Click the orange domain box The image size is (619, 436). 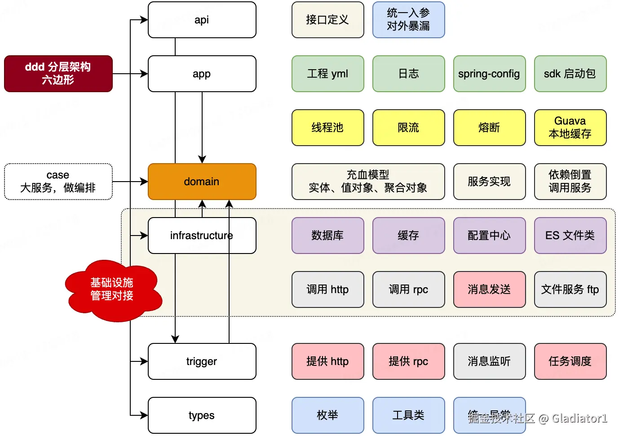point(202,182)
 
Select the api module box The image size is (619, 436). point(202,20)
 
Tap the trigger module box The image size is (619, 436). point(202,361)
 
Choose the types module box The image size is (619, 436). point(202,415)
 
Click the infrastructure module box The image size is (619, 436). point(202,236)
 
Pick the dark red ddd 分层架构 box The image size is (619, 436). point(58,74)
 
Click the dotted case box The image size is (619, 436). point(58,182)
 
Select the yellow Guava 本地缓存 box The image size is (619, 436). point(570,128)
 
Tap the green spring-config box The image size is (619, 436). point(489,74)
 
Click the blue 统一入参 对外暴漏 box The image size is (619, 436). point(408,20)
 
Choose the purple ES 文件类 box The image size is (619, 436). point(570,236)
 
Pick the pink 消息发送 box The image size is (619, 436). point(489,289)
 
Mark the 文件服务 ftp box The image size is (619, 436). point(570,289)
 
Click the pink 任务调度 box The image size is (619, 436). point(570,361)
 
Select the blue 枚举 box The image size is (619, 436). point(327,415)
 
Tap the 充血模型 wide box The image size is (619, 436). point(368,182)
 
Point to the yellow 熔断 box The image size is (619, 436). point(489,128)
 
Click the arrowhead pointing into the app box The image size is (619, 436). point(144,74)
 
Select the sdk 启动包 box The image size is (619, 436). point(570,74)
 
